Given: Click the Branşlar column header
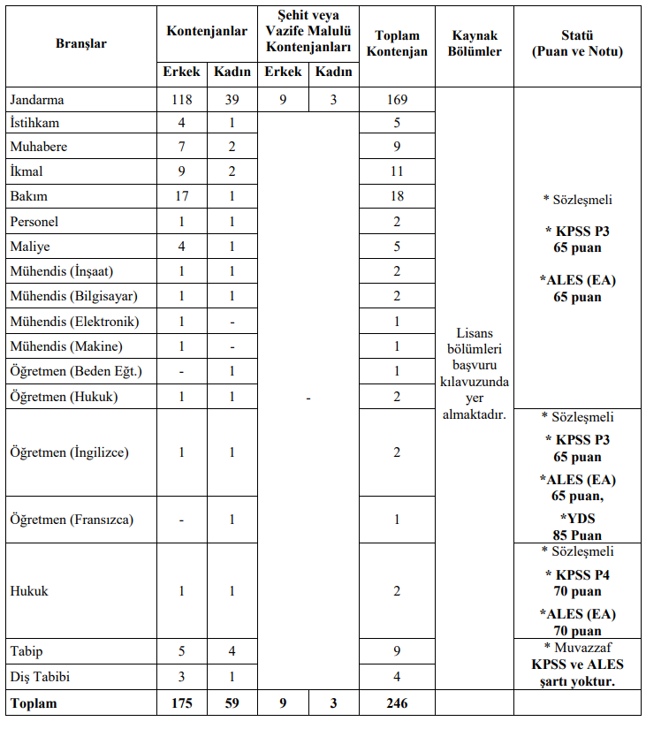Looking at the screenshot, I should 81,43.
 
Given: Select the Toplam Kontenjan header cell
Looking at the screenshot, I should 397,43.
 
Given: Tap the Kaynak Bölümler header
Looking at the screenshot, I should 475,43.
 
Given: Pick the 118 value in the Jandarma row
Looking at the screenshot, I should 181,100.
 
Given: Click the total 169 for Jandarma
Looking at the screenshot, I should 397,100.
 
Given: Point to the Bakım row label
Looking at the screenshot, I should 28,196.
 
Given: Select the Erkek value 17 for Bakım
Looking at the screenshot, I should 181,196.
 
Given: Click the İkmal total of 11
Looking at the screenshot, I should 397,171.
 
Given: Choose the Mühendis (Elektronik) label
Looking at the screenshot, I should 74,322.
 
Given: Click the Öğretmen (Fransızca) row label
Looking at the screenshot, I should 72,520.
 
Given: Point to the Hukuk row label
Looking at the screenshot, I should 28,590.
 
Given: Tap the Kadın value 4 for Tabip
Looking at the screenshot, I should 232,652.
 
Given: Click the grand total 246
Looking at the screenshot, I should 397,703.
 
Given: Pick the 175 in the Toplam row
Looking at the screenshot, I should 181,703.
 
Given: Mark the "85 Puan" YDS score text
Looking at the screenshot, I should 578,535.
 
